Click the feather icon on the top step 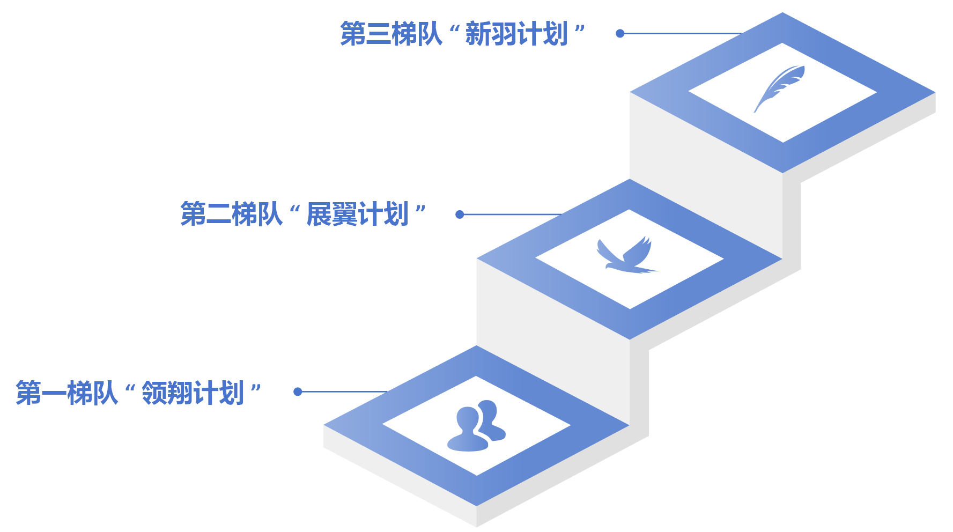[x=779, y=88]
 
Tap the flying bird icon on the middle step [x=626, y=256]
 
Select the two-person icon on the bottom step [x=476, y=426]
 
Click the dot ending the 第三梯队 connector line [x=620, y=33]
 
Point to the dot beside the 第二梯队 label [x=460, y=215]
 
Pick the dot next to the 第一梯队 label [x=298, y=392]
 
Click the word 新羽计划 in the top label [x=516, y=34]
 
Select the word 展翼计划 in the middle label [x=358, y=215]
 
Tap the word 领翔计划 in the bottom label [x=193, y=393]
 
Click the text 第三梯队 [x=391, y=34]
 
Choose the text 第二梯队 [x=231, y=215]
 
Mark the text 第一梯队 [x=67, y=393]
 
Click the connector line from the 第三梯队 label [x=681, y=33]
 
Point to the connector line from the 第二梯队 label [x=512, y=215]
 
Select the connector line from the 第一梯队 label [x=343, y=392]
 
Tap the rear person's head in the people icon [x=488, y=410]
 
